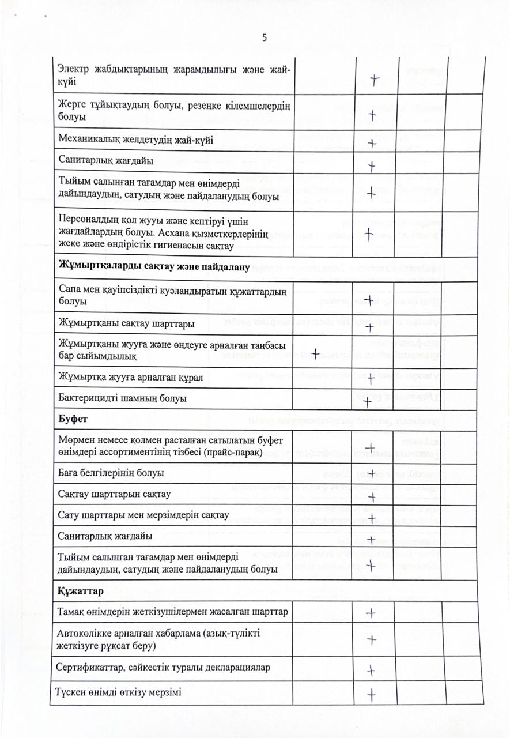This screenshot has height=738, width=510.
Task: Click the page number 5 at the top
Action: pyautogui.click(x=264, y=38)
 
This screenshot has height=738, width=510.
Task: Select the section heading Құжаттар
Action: pyautogui.click(x=81, y=591)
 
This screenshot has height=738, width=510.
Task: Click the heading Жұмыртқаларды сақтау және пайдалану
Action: pyautogui.click(x=154, y=267)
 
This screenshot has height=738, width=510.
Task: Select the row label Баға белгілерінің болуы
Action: pyautogui.click(x=111, y=473)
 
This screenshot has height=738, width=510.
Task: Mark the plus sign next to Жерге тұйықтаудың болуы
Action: pyautogui.click(x=372, y=115)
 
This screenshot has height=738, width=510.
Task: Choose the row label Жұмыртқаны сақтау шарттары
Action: pyautogui.click(x=126, y=323)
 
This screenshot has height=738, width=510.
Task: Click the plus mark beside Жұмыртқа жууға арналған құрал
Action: pyautogui.click(x=372, y=379)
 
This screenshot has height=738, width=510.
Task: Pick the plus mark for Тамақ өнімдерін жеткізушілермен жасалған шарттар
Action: pyautogui.click(x=371, y=613)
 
